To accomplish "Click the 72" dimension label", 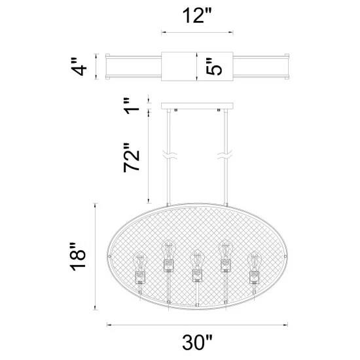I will point(133,157).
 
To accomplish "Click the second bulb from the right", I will point(226,255).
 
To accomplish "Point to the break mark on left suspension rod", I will point(169,157).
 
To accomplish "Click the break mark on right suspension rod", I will point(222,157).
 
